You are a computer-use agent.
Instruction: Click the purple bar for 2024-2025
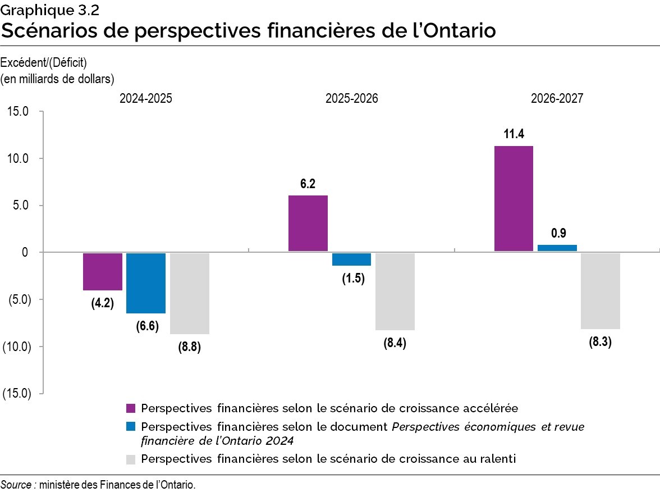[103, 271]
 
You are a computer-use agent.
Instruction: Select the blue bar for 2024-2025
[146, 283]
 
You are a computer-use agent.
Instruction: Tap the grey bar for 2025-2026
[395, 291]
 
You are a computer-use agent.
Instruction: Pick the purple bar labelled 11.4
[514, 198]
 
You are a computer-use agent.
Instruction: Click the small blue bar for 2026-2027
[557, 248]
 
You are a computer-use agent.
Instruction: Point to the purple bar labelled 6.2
[308, 223]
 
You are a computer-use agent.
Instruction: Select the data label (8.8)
[189, 347]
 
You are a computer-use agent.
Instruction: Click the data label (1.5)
[354, 279]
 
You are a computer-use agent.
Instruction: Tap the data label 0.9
[558, 233]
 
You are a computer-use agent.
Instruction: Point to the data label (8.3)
[600, 341]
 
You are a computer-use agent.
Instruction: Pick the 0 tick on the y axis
[25, 252]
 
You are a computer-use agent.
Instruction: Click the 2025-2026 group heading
[352, 98]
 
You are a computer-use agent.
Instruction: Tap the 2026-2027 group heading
[557, 98]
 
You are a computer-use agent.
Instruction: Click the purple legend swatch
[131, 408]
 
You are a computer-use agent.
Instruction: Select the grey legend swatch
[131, 459]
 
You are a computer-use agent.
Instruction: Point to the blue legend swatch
[131, 427]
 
